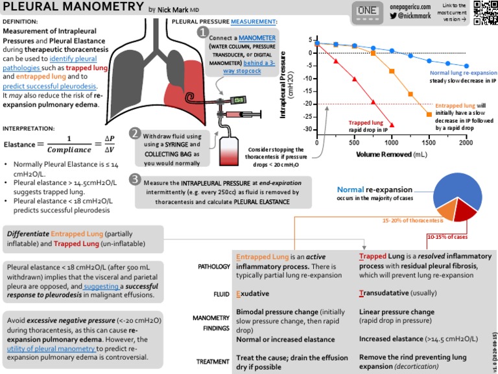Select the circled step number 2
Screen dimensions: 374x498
point(136,133)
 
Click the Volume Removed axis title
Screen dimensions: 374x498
point(392,155)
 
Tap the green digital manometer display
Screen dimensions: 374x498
point(239,101)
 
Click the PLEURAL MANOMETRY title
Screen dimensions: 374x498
point(73,8)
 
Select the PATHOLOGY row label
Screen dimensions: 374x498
point(213,267)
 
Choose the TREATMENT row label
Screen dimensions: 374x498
point(214,362)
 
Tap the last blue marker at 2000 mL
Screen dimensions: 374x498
point(466,66)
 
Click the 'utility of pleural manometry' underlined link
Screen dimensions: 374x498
point(51,349)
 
